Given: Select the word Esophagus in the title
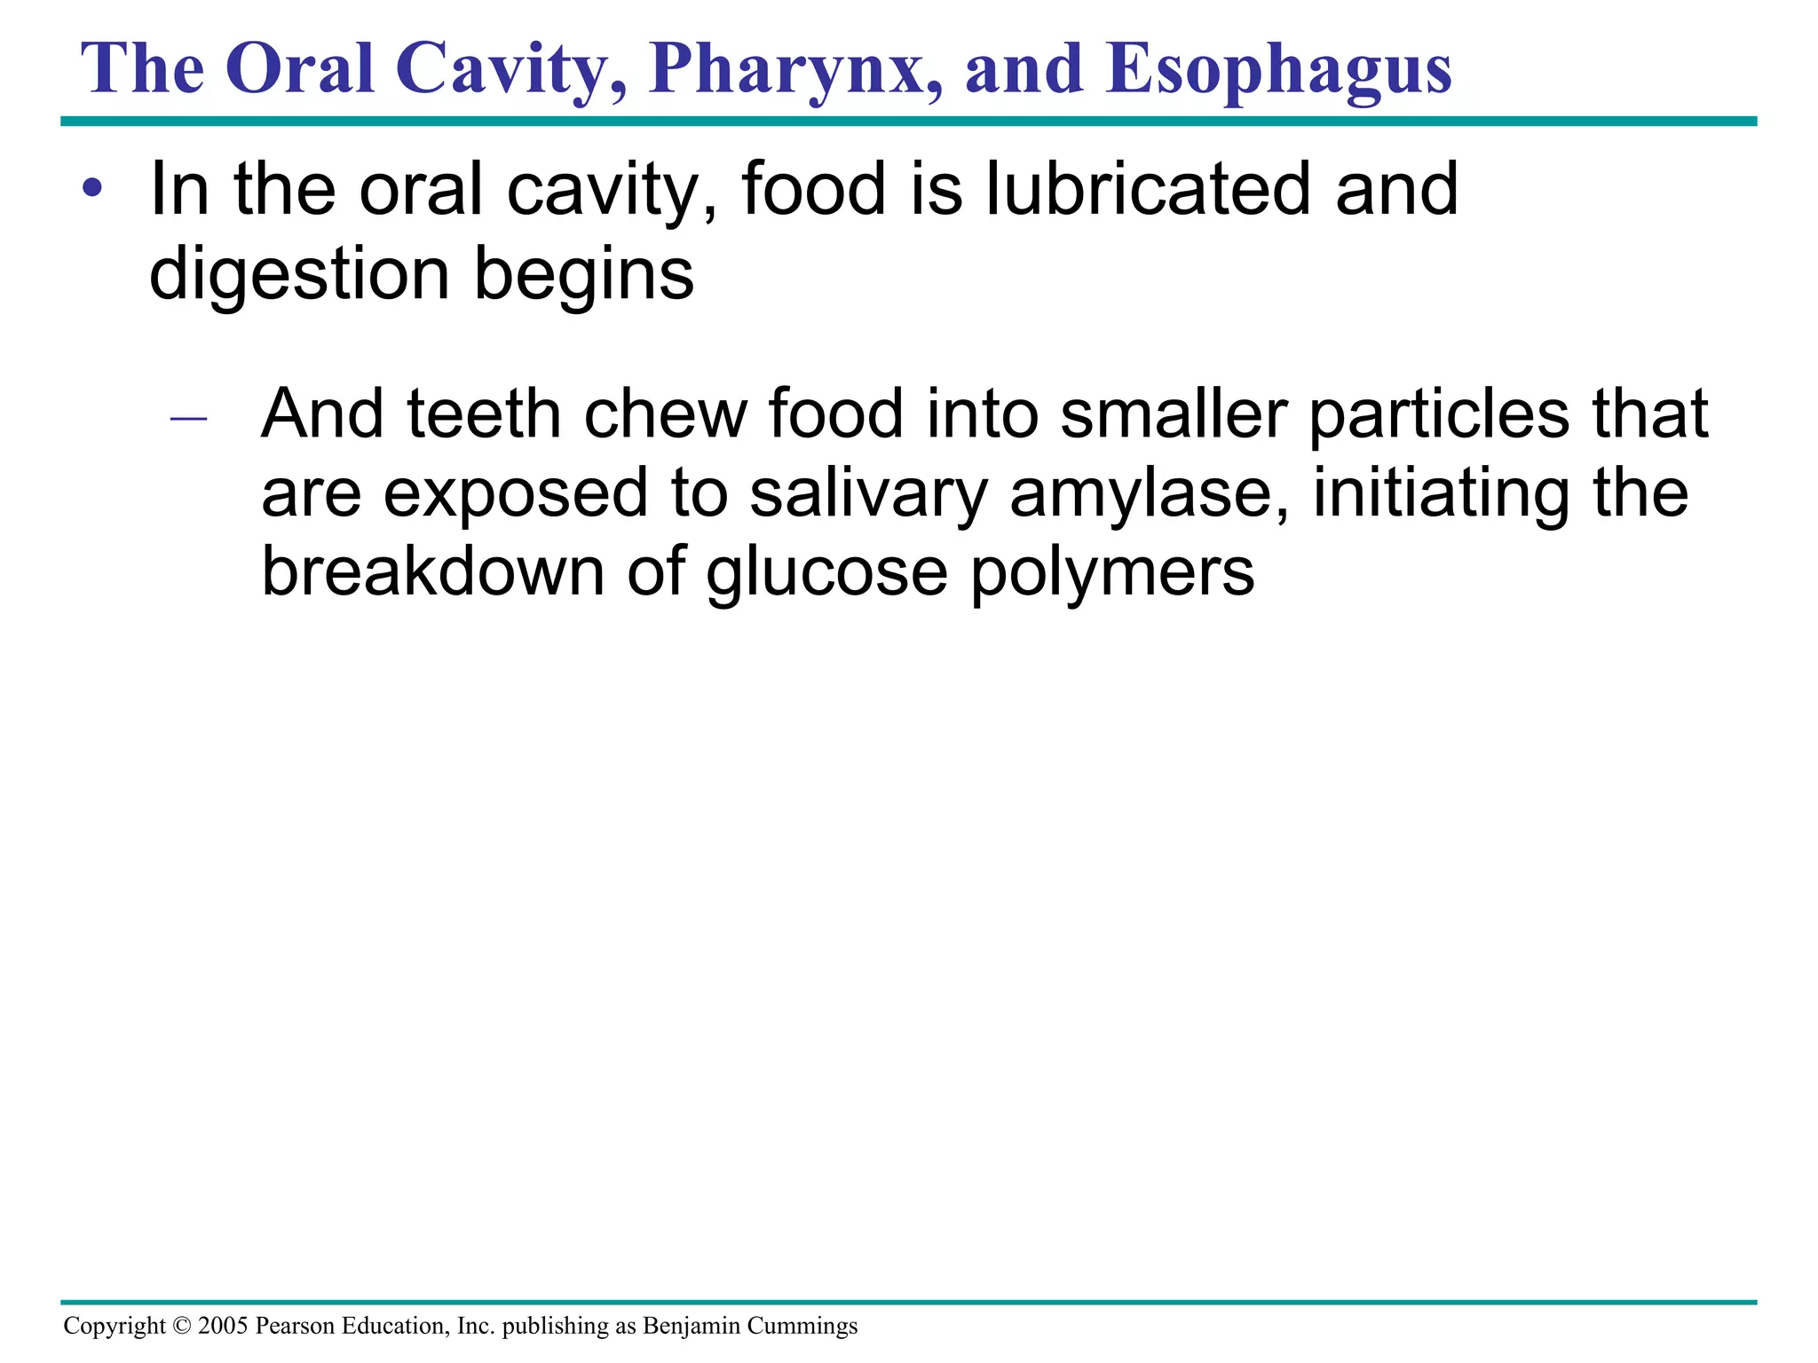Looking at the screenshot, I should coord(1278,71).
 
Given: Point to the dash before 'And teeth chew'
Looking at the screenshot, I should coord(188,417).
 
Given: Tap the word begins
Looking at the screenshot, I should coord(584,275).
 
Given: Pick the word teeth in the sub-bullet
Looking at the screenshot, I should coord(484,414).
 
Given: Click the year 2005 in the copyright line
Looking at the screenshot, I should coord(223,1326).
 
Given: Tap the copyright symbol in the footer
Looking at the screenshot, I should coord(182,1326).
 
